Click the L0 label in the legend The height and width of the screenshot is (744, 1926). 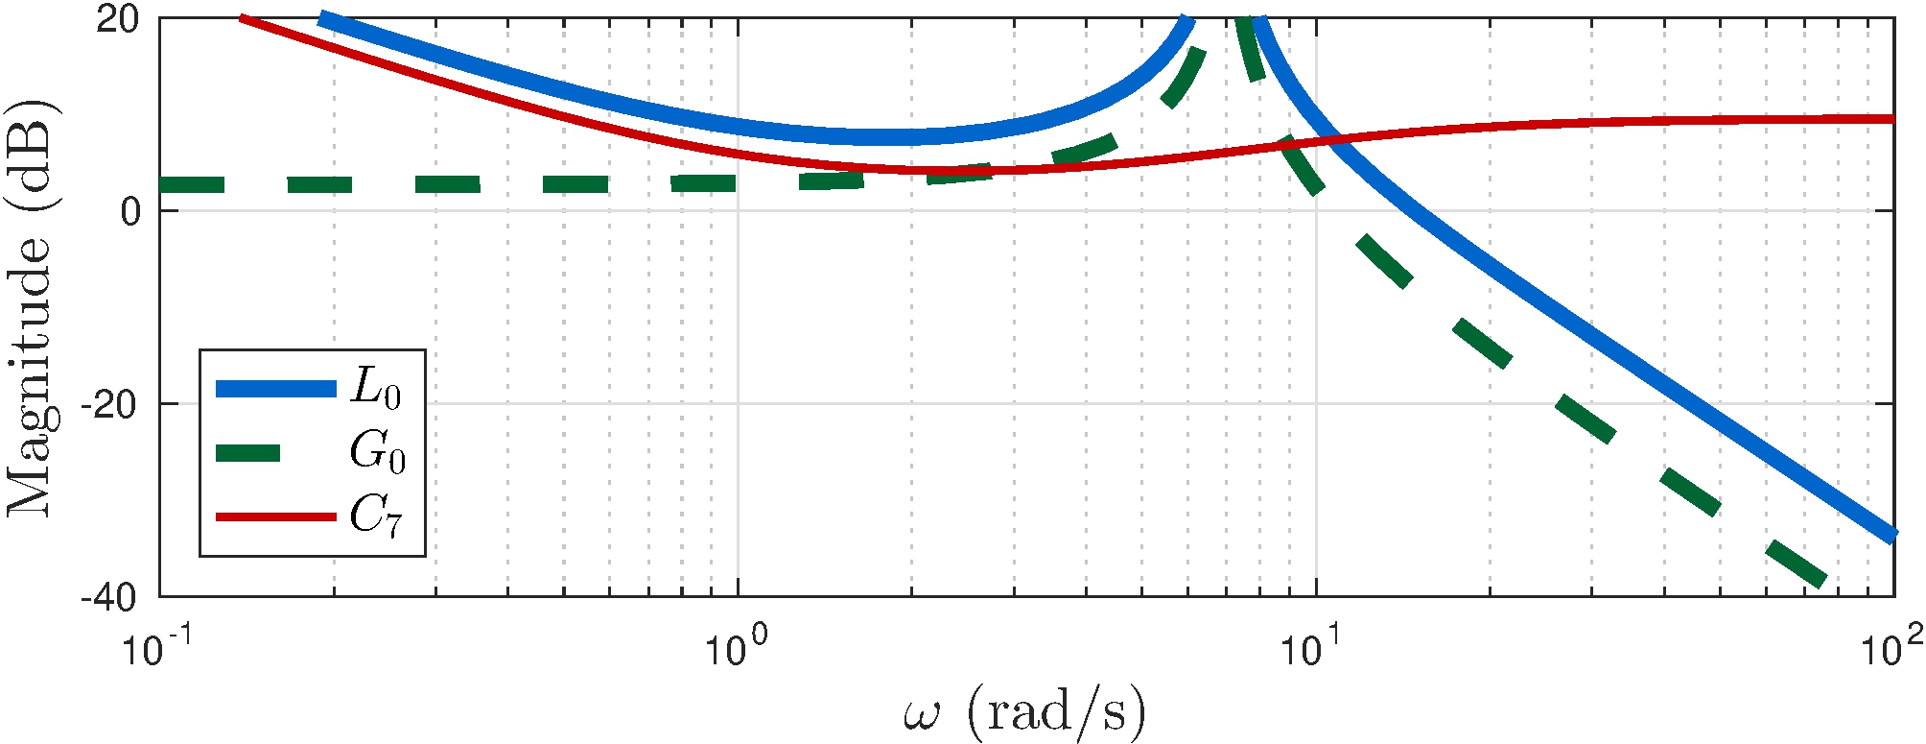coord(376,389)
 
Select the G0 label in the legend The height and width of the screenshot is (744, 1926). coord(377,452)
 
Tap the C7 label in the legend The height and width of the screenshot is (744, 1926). coord(376,516)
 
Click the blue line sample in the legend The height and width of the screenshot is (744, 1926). coord(276,389)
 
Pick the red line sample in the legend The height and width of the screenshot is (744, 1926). coord(276,516)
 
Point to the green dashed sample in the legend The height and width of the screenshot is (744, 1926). coord(248,453)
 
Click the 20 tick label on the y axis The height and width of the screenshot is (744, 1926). coord(118,20)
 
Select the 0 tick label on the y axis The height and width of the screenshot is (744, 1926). coord(130,212)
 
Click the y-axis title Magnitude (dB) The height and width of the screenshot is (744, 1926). coord(31,307)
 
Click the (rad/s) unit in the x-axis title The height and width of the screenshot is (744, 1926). coord(1055,713)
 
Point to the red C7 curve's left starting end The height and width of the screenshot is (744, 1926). coord(242,18)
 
